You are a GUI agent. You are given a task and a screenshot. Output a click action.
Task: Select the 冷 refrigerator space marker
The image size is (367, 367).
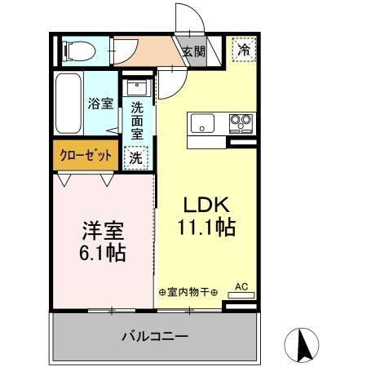(244, 50)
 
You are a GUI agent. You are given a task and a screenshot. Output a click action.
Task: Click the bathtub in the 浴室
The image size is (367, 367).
(68, 104)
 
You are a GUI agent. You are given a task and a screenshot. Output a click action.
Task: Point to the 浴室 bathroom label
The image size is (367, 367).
(99, 104)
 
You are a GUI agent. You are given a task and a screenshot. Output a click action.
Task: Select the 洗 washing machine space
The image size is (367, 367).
(135, 157)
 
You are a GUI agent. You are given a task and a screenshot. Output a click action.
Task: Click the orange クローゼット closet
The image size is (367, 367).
(85, 156)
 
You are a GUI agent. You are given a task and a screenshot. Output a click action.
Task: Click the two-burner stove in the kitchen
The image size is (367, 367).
(240, 123)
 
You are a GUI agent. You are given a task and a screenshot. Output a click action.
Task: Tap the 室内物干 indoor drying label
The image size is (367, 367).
(188, 292)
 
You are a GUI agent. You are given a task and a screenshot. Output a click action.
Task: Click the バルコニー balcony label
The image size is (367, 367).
(156, 336)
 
